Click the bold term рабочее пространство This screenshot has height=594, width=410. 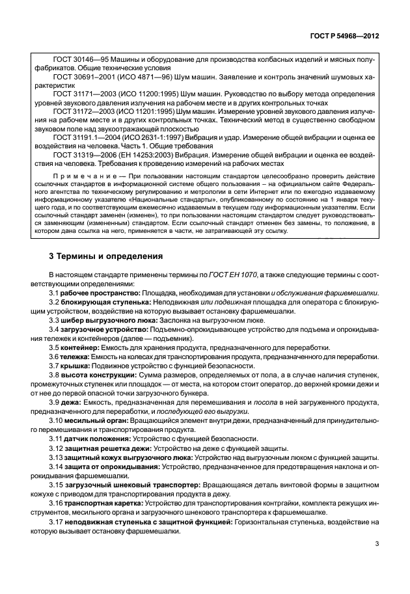pyautogui.click(x=97, y=293)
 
